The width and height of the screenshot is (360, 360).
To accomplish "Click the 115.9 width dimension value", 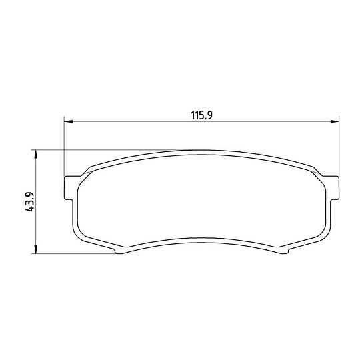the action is click(202, 115).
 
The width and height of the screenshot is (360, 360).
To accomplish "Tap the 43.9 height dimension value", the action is click(29, 201).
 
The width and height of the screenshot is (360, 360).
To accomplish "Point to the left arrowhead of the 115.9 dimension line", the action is click(69, 121).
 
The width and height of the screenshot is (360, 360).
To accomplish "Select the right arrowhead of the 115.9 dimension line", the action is click(335, 121).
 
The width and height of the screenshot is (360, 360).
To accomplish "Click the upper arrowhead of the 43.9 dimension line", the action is click(35, 154).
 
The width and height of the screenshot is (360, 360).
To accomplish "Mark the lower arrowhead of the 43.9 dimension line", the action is click(35, 249).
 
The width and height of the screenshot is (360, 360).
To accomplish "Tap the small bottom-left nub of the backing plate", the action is click(119, 251).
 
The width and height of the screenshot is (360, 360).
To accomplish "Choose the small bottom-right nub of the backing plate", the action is click(284, 251).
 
